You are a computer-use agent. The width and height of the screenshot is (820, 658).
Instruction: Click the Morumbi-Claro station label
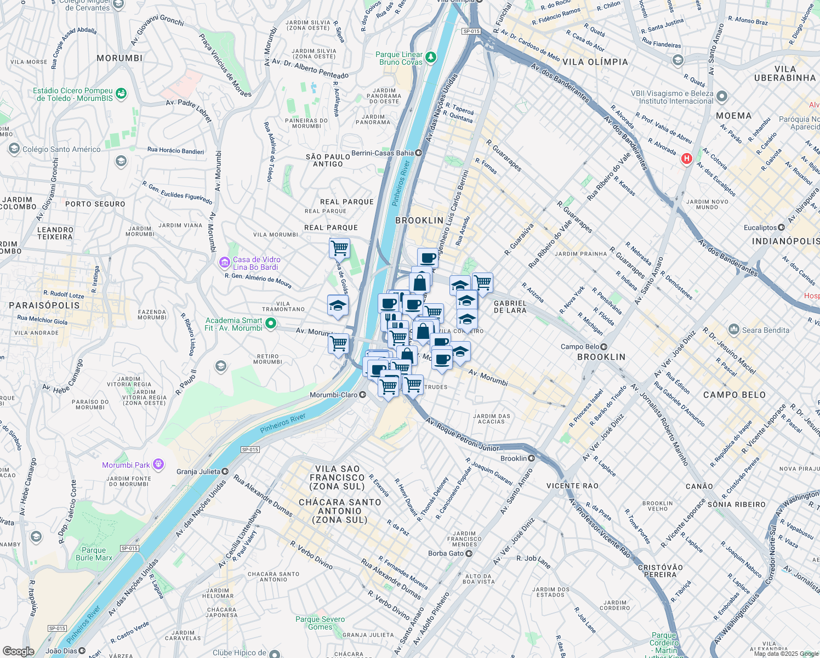[x=334, y=395]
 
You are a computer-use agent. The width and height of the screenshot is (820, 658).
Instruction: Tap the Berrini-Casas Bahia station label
[x=383, y=153]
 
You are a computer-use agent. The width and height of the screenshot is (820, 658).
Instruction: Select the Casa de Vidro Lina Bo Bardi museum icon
[x=224, y=263]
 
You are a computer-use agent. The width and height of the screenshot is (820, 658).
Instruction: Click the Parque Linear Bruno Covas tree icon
[x=431, y=57]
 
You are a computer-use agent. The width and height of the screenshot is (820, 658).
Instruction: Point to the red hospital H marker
[x=686, y=159]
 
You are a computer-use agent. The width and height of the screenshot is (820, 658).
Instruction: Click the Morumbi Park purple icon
[x=158, y=464]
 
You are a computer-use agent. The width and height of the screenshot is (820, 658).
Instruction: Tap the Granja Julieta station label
[x=198, y=472]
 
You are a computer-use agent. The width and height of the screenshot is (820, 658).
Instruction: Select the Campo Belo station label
[x=580, y=347]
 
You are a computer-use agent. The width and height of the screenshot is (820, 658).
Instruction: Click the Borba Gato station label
[x=446, y=553]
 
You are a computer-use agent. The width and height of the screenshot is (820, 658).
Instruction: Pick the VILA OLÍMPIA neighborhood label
[x=595, y=62]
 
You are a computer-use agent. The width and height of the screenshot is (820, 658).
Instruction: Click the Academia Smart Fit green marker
[x=270, y=324]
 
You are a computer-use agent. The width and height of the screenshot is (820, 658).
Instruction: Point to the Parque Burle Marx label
[x=94, y=554]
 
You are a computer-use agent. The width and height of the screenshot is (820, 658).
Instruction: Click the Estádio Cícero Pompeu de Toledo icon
[x=121, y=94]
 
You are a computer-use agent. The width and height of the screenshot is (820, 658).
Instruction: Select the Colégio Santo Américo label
[x=61, y=149]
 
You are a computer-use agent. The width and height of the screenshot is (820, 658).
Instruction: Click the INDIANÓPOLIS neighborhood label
[x=785, y=241]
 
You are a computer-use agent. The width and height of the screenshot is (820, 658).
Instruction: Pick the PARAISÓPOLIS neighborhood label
[x=44, y=305]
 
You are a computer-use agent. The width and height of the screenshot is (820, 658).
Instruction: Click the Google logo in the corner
[x=18, y=651]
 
